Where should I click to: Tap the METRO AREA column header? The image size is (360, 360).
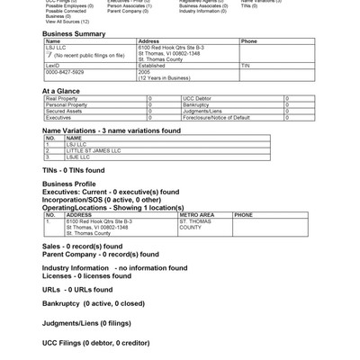197,215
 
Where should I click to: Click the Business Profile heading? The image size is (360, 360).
69,184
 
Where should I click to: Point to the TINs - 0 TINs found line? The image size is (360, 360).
74,170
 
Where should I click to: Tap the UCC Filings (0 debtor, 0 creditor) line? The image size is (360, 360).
95,342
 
